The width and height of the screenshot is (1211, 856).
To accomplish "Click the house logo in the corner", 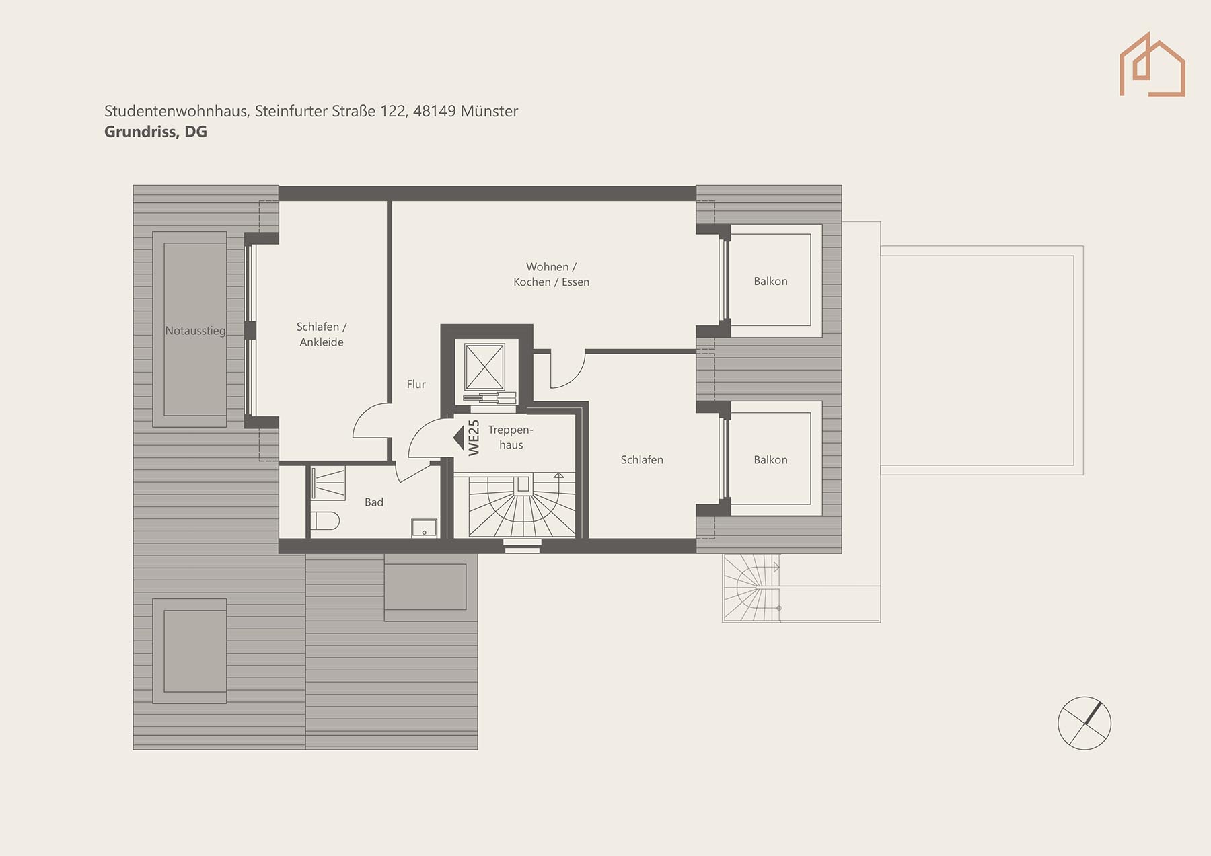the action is point(1152,65).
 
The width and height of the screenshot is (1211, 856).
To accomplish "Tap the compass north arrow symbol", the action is point(1084,724).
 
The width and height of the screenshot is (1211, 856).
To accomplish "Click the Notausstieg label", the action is point(195,331).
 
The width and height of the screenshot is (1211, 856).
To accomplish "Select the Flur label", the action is point(416,384).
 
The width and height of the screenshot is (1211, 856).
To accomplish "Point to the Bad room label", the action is point(374,502).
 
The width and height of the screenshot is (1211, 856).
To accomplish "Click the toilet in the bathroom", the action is point(325,520).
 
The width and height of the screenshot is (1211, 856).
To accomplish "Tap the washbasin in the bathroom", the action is point(424,528).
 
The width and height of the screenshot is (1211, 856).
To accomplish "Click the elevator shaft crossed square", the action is point(484,366).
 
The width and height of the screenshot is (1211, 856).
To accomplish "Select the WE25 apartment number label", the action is point(474,438).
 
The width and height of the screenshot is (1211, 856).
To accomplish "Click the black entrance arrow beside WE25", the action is point(459,438).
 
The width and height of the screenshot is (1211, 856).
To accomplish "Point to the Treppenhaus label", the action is point(511,437).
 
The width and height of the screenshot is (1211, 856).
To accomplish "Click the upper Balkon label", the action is point(770,281).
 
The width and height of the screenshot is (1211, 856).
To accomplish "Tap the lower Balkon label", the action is point(770,460).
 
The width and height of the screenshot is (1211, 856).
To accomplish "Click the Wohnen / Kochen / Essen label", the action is point(551,274).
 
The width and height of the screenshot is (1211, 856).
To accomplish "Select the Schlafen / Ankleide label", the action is point(322,334).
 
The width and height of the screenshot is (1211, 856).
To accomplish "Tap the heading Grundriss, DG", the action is point(155,132).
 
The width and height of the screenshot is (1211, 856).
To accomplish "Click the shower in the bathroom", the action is point(328,483).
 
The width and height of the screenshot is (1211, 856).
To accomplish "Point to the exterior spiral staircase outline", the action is point(751,588).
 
